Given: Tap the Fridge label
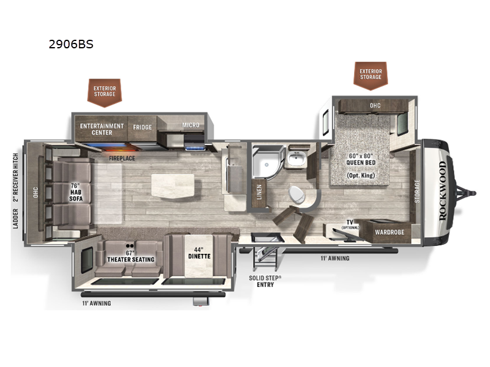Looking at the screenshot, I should tap(142, 127).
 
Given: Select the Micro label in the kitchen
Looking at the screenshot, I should tap(190, 125).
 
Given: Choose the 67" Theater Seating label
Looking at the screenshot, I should tap(129, 256).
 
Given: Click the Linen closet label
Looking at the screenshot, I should tap(259, 192).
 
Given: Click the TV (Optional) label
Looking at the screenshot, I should tap(350, 224).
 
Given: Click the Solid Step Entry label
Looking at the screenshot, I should tap(265, 280).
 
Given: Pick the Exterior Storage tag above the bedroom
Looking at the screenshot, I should tap(370, 75).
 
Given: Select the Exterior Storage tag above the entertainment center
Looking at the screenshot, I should tap(105, 91).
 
